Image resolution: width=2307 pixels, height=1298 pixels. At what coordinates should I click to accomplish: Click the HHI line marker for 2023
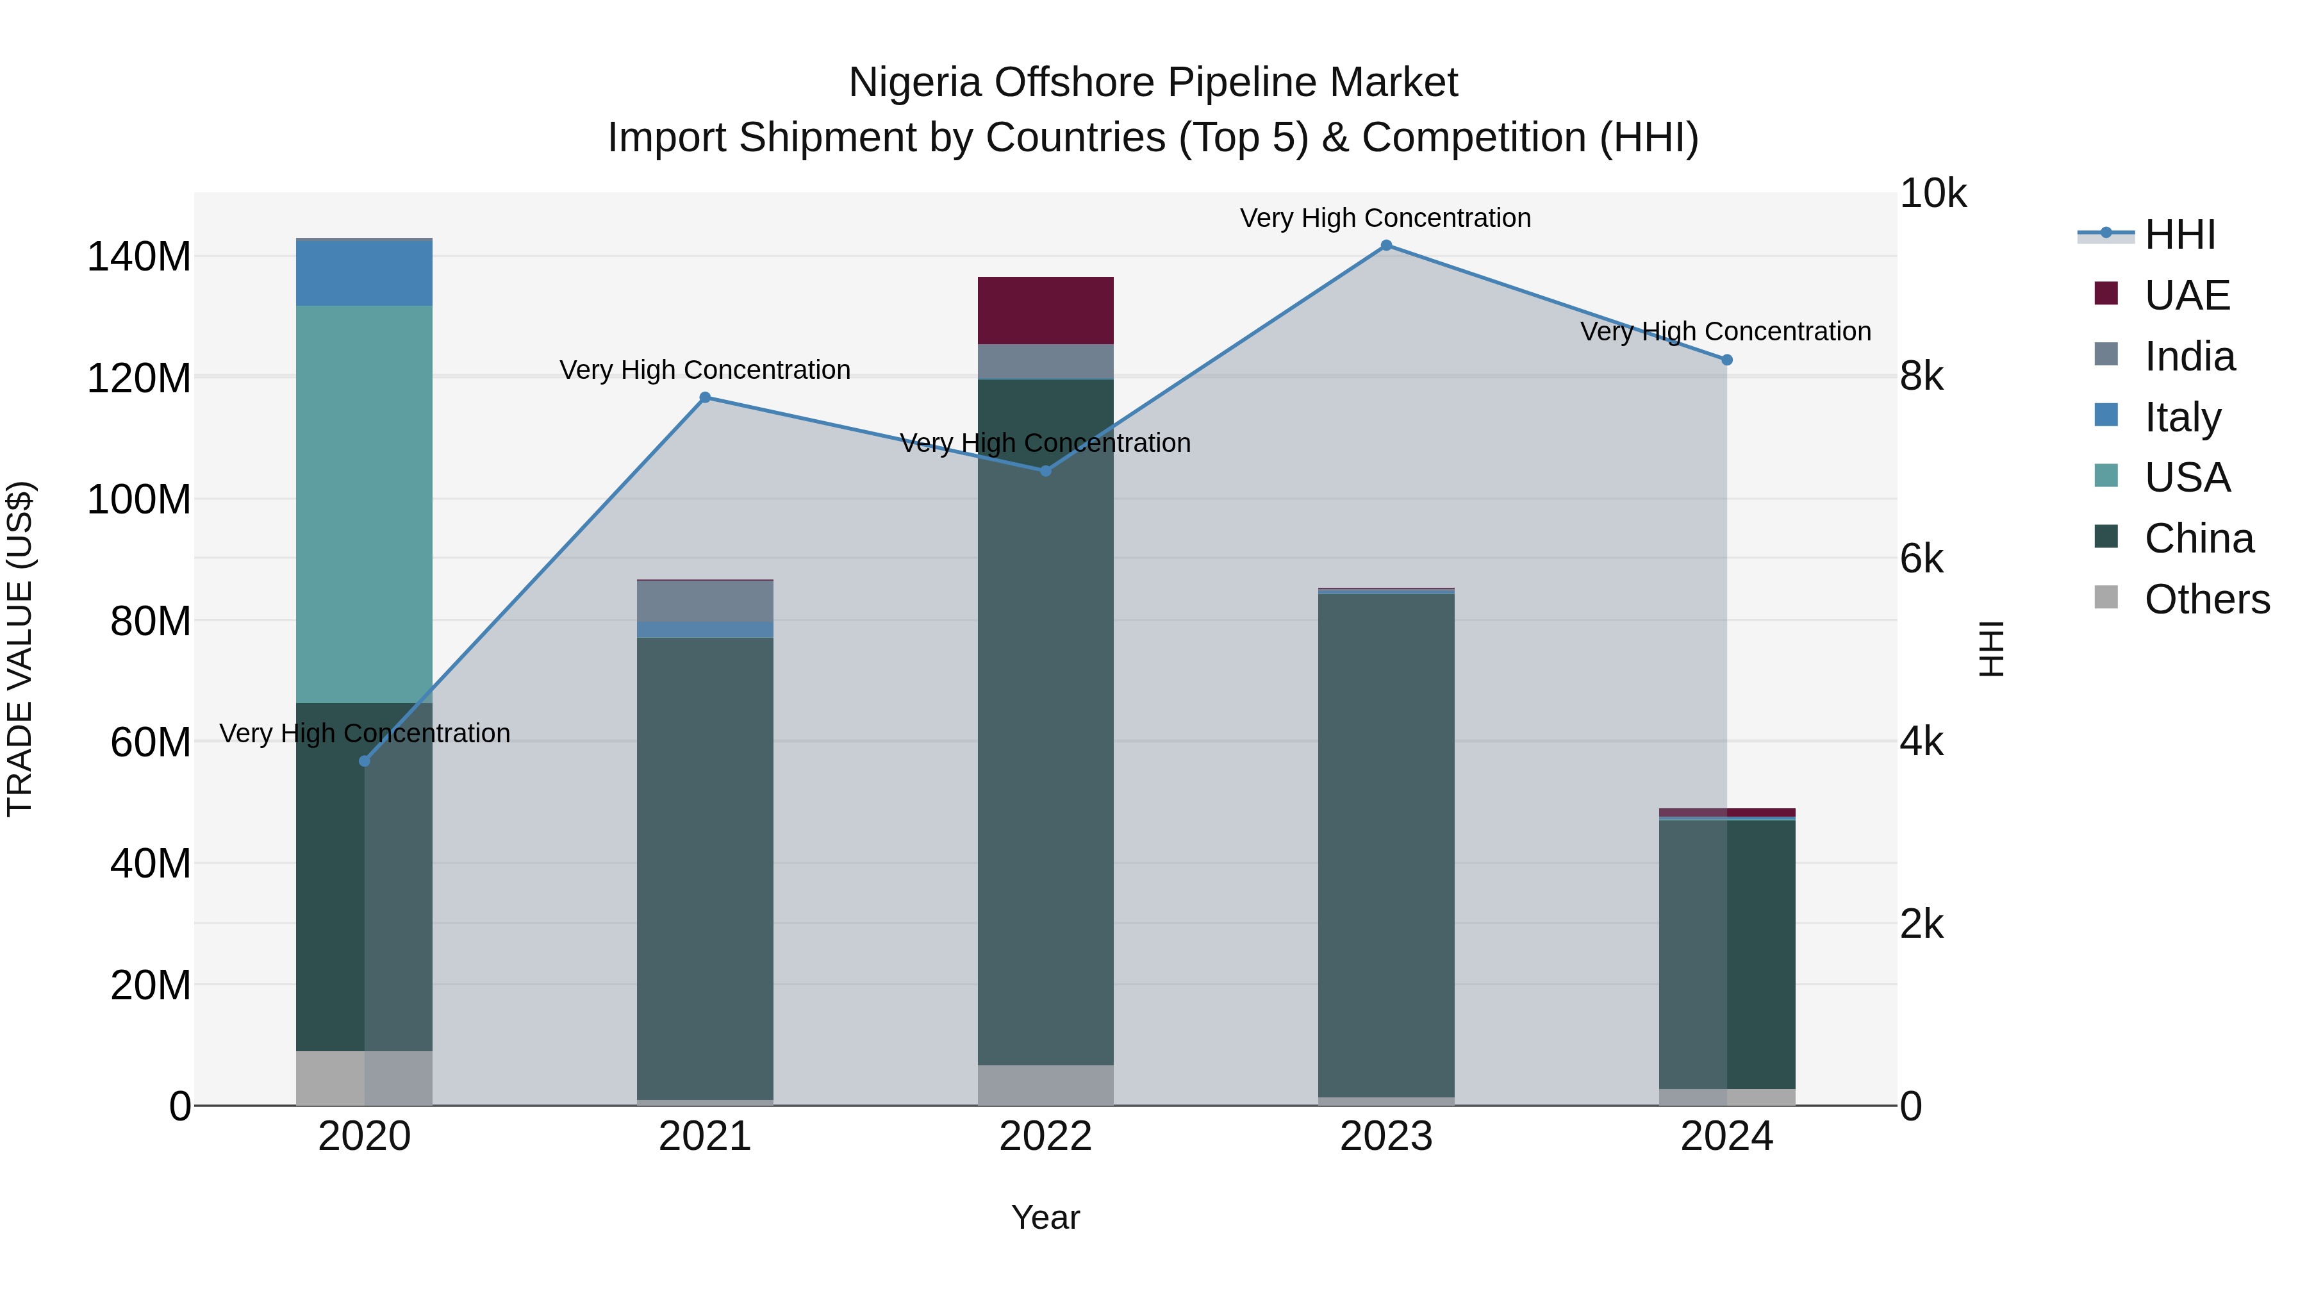tap(1386, 245)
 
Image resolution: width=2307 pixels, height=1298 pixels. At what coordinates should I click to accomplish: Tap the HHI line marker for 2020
tap(365, 761)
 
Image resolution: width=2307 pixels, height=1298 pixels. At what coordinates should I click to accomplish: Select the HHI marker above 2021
tap(705, 397)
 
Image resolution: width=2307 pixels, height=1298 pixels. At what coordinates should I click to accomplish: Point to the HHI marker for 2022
tap(1045, 470)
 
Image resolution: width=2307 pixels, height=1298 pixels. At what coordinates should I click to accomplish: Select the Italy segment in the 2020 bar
tap(365, 273)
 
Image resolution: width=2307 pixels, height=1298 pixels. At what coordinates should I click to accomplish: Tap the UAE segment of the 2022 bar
tap(1045, 311)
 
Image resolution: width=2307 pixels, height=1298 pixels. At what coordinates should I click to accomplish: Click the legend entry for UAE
tap(2186, 295)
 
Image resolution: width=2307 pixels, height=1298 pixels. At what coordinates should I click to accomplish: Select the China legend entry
tap(2198, 538)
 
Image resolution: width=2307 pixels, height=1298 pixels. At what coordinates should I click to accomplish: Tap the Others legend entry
tap(2206, 599)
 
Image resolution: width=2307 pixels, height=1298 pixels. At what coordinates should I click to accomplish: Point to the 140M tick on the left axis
tap(139, 257)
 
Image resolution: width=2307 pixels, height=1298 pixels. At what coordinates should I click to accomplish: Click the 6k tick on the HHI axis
tap(1922, 559)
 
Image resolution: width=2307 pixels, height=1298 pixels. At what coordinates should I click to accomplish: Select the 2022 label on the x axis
tap(1045, 1136)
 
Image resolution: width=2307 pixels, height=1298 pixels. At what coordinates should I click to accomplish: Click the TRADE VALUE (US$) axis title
tap(20, 649)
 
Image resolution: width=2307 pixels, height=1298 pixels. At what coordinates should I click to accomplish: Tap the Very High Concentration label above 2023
tap(1385, 218)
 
